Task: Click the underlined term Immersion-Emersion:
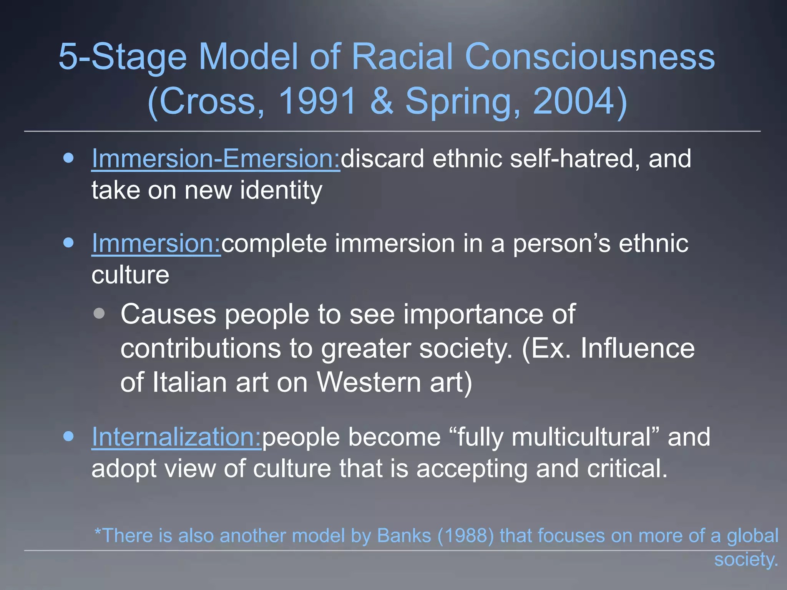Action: [216, 159]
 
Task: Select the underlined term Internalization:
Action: [176, 437]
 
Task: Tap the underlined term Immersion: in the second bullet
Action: [156, 244]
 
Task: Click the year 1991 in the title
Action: [317, 101]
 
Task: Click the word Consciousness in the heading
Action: [589, 57]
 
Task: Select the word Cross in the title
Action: [208, 101]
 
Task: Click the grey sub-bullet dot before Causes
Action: [99, 313]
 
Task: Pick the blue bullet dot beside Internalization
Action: [69, 436]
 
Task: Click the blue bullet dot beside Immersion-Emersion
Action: [69, 158]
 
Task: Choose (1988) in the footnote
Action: [465, 535]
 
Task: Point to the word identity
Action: [281, 191]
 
